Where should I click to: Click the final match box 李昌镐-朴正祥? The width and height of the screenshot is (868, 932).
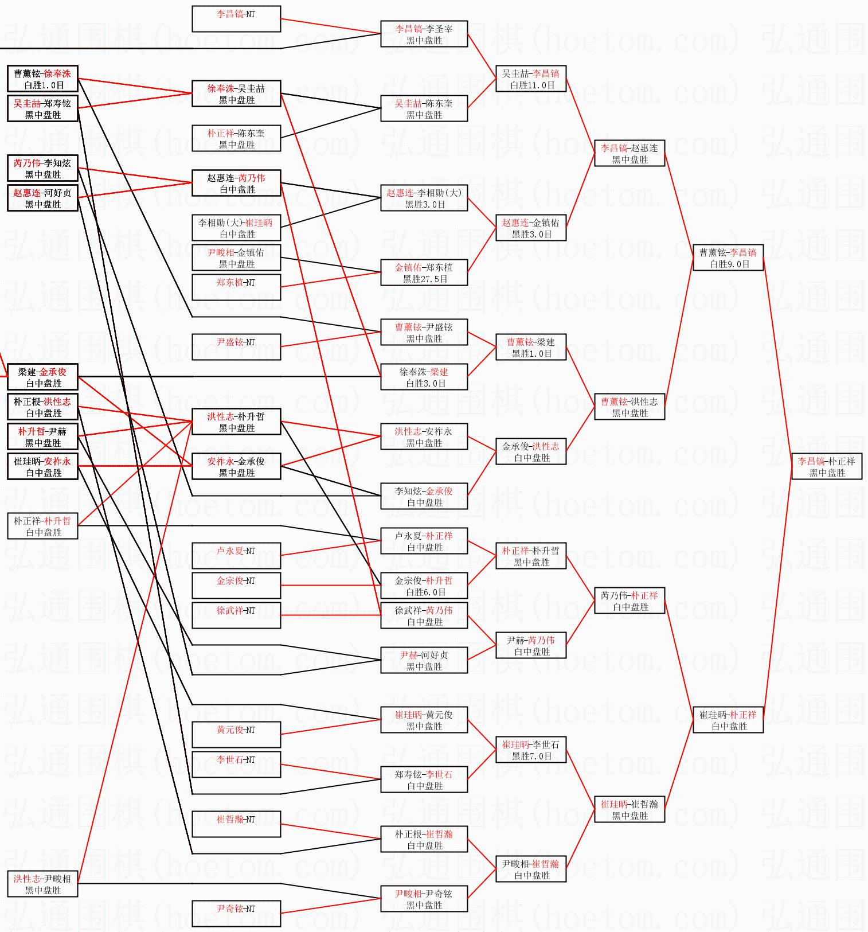pyautogui.click(x=827, y=467)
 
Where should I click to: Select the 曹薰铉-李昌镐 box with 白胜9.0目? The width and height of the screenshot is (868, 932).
pyautogui.click(x=728, y=258)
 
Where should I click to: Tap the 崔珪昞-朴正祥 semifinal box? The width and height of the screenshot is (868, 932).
pyautogui.click(x=728, y=720)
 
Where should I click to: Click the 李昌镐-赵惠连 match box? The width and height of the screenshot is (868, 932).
pyautogui.click(x=630, y=154)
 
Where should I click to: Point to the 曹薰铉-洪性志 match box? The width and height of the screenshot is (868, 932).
pyautogui.click(x=630, y=407)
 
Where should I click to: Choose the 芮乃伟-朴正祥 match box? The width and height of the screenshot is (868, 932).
pyautogui.click(x=630, y=601)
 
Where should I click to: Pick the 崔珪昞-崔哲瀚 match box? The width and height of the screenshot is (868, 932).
pyautogui.click(x=630, y=810)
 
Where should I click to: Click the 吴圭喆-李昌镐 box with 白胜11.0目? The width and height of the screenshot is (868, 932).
pyautogui.click(x=531, y=79)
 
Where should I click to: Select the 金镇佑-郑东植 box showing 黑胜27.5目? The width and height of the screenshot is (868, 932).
pyautogui.click(x=424, y=273)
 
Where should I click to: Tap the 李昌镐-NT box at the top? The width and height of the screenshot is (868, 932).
pyautogui.click(x=236, y=19)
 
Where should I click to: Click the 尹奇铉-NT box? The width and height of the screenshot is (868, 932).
pyautogui.click(x=236, y=914)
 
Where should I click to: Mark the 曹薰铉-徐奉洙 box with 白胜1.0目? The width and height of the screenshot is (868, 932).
pyautogui.click(x=43, y=79)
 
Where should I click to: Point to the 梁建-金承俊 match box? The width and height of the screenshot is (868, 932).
pyautogui.click(x=43, y=377)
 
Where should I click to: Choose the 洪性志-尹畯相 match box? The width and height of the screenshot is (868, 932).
pyautogui.click(x=43, y=884)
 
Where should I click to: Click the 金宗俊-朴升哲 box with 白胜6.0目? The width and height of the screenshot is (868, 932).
pyautogui.click(x=424, y=586)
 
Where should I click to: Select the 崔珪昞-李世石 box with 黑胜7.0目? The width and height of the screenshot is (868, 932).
pyautogui.click(x=531, y=750)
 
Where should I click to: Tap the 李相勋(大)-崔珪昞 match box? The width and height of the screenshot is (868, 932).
pyautogui.click(x=236, y=228)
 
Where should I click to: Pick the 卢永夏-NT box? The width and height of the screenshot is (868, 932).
pyautogui.click(x=236, y=556)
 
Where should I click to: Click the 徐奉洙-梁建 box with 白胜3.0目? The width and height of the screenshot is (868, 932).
pyautogui.click(x=424, y=377)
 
